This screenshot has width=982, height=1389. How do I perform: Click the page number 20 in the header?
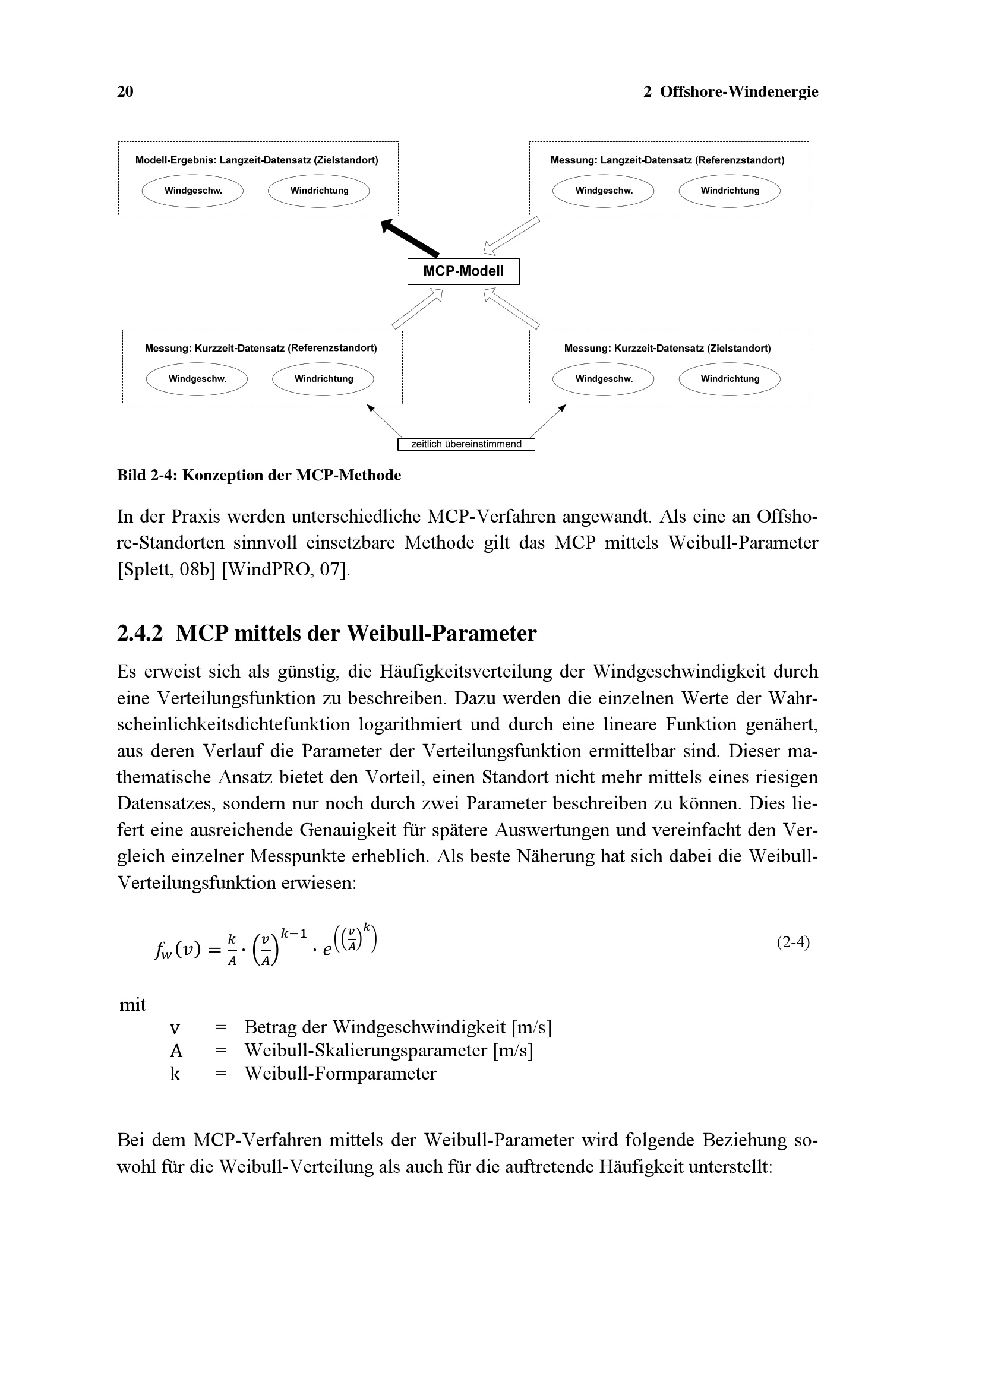125,91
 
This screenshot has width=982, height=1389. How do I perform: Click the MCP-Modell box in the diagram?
463,271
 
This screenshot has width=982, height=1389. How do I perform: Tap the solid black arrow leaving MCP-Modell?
410,238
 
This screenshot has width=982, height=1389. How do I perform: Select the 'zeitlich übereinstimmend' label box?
466,445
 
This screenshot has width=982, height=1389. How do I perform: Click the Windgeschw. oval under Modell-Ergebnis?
192,191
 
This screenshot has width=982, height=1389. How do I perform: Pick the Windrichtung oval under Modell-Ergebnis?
319,191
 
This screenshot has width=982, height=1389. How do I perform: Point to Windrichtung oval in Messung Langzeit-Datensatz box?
730,191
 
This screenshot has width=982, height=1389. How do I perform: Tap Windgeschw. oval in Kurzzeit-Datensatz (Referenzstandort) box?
197,379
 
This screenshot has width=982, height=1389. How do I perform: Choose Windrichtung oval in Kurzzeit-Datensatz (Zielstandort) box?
730,379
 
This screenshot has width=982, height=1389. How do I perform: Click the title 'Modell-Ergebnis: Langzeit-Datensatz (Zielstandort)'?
257,160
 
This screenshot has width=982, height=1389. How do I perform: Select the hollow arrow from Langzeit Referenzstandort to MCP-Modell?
511,236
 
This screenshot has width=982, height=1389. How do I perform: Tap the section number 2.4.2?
140,634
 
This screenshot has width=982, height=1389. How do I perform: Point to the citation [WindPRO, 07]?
286,569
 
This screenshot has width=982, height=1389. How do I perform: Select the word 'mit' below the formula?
132,1005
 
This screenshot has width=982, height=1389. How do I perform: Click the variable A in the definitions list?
175,1051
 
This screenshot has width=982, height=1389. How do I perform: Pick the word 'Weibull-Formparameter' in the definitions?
340,1074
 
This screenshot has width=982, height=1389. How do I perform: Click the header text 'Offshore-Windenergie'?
739,91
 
